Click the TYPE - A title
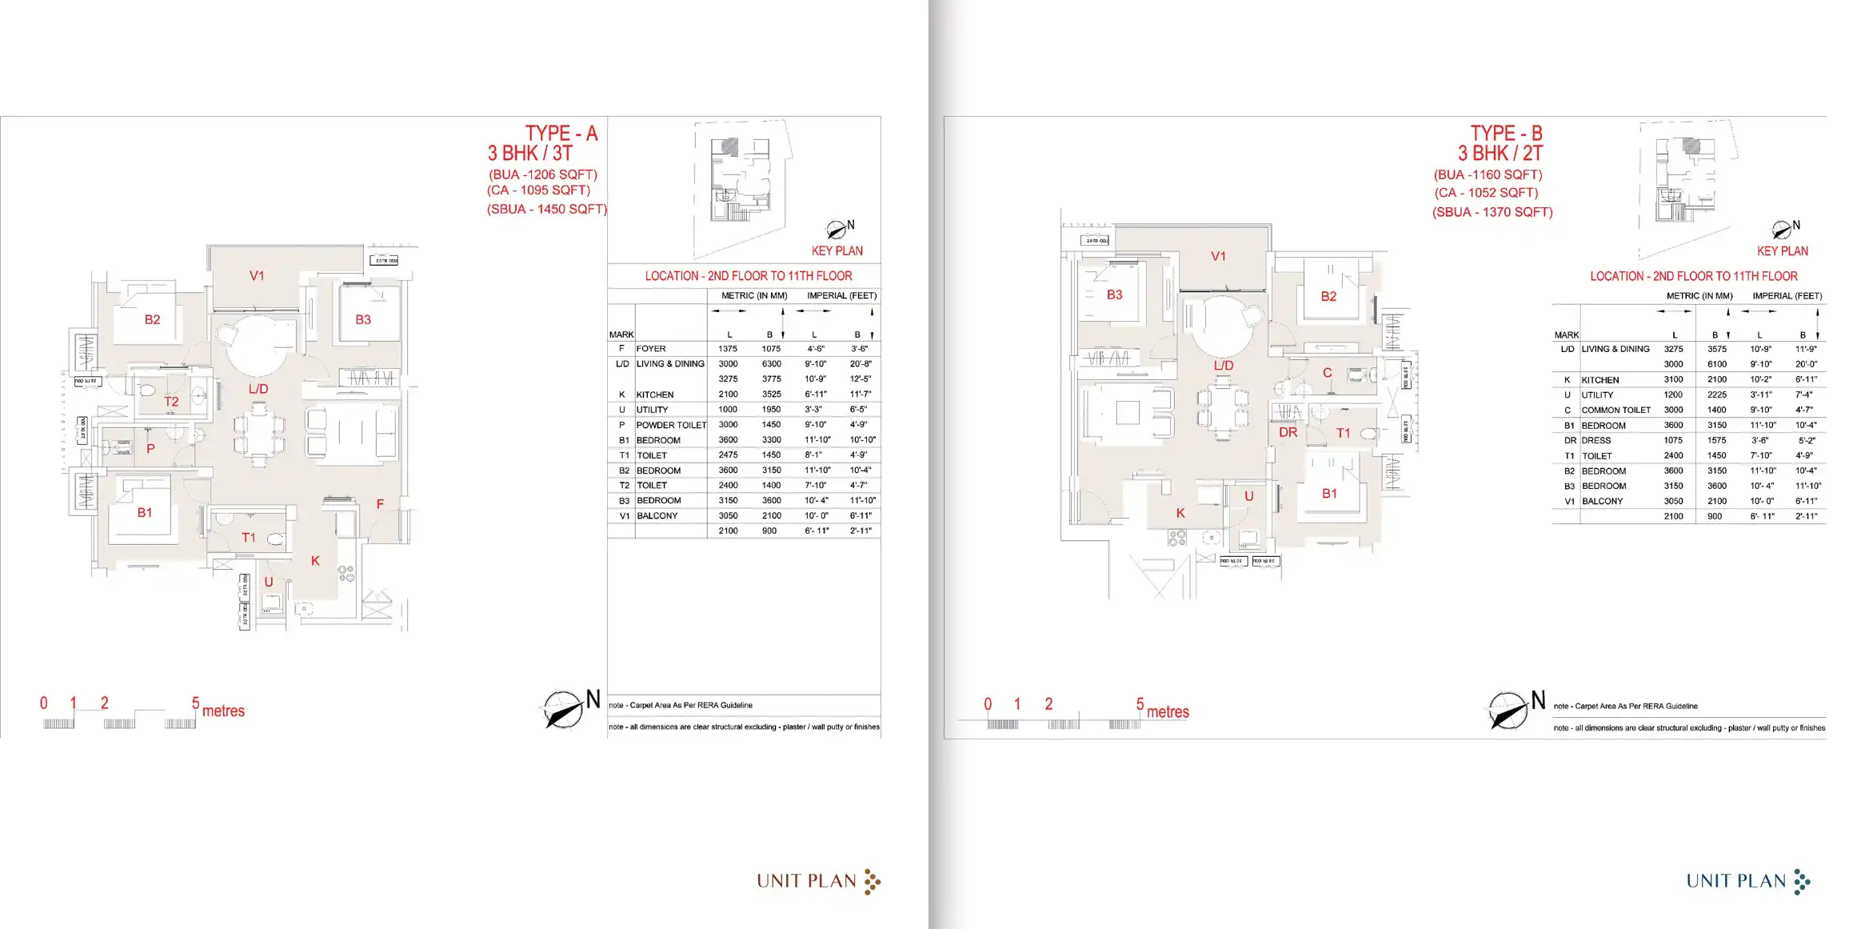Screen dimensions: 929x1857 point(561,133)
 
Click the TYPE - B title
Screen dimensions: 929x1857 point(1506,133)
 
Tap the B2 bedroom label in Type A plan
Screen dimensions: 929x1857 point(152,319)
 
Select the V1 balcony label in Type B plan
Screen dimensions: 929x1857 point(1218,256)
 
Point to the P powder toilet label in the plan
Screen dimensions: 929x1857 point(150,449)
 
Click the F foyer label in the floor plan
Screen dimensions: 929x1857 point(380,504)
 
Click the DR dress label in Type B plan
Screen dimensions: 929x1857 point(1288,432)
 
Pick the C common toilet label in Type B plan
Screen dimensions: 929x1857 point(1327,373)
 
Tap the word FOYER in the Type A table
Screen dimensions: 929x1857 point(651,349)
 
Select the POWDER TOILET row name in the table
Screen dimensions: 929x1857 point(671,425)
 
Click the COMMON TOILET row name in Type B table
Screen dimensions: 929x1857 point(1615,410)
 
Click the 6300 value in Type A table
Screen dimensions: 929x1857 point(771,364)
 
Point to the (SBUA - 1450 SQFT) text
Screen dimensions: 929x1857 point(547,209)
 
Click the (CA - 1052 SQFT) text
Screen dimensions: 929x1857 point(1486,193)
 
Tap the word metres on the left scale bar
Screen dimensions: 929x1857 point(223,711)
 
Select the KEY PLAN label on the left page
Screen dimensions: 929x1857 point(837,251)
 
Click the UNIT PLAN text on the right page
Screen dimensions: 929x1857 point(1735,881)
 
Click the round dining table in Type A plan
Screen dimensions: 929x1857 point(258,345)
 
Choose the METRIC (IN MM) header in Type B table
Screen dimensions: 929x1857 point(1699,296)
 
